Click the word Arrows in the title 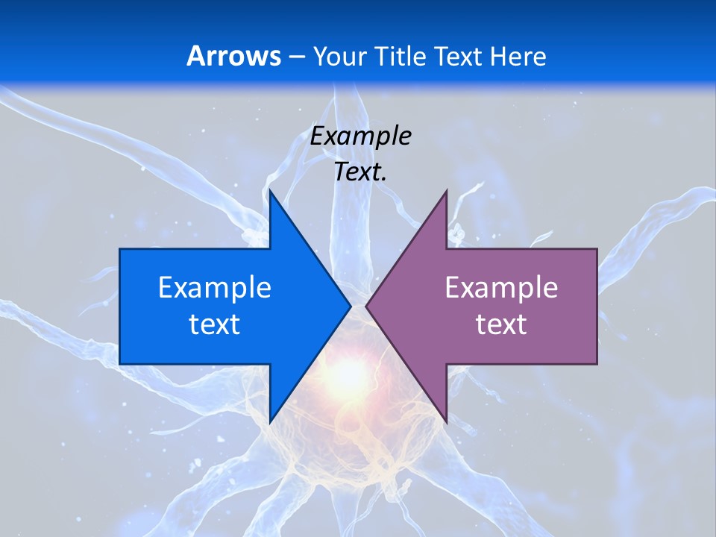[234, 56]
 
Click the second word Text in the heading [459, 56]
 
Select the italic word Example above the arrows [360, 136]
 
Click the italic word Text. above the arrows [360, 172]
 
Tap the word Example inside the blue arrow [215, 287]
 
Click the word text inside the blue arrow [215, 324]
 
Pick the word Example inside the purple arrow [501, 287]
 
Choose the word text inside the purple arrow [501, 324]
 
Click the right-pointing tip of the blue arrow [349, 306]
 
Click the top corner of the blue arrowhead [270, 192]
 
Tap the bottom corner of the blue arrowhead [270, 421]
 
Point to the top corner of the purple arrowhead [446, 192]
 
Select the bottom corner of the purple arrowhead [446, 421]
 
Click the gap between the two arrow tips [359, 306]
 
